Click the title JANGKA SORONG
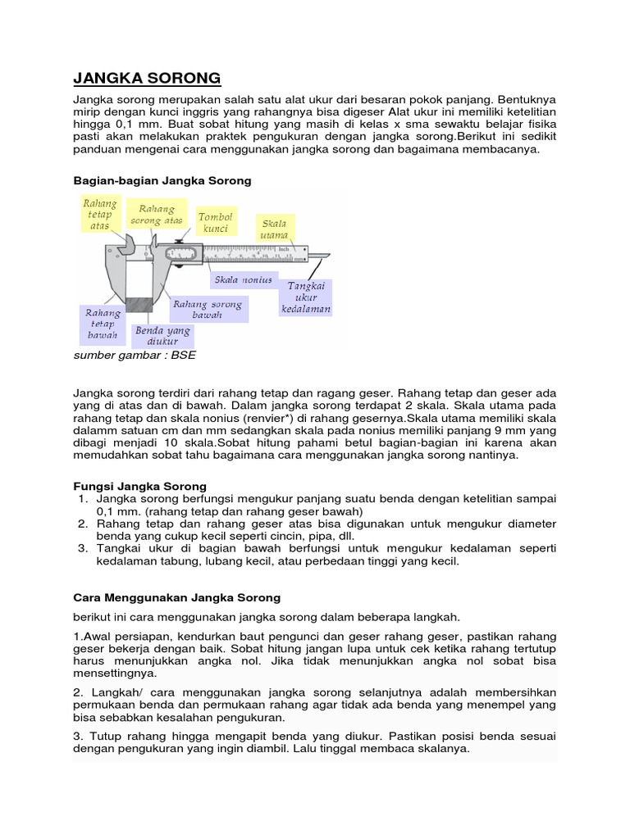point(147,79)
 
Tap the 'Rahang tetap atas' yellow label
point(99,214)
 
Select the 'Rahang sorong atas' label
point(160,215)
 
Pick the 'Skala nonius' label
point(243,280)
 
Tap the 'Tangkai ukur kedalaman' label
point(306,297)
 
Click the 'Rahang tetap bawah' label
point(103,324)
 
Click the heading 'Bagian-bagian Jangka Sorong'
point(162,180)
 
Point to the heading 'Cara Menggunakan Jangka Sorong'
point(176,597)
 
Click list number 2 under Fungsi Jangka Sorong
point(83,523)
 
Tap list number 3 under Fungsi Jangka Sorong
point(83,548)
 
